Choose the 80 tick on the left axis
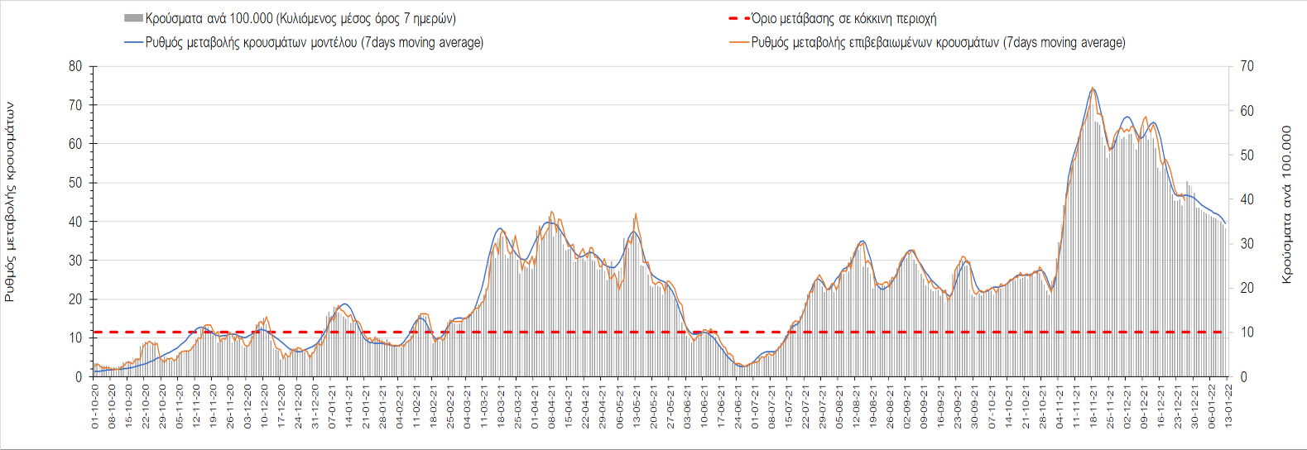pyautogui.click(x=75, y=66)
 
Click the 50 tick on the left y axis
pyautogui.click(x=75, y=183)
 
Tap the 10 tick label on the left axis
pyautogui.click(x=75, y=338)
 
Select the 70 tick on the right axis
pyautogui.click(x=1247, y=66)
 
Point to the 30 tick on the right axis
pyautogui.click(x=1247, y=244)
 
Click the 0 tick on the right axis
pyautogui.click(x=1243, y=377)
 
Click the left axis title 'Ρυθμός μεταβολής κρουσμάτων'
pyautogui.click(x=10, y=202)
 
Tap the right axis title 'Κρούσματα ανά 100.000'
pyautogui.click(x=1286, y=204)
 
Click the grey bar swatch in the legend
pyautogui.click(x=133, y=18)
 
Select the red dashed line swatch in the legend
pyautogui.click(x=738, y=18)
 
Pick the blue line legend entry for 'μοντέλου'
pyautogui.click(x=133, y=42)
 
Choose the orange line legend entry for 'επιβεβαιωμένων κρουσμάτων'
pyautogui.click(x=738, y=42)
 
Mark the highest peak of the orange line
pyautogui.click(x=1093, y=88)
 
